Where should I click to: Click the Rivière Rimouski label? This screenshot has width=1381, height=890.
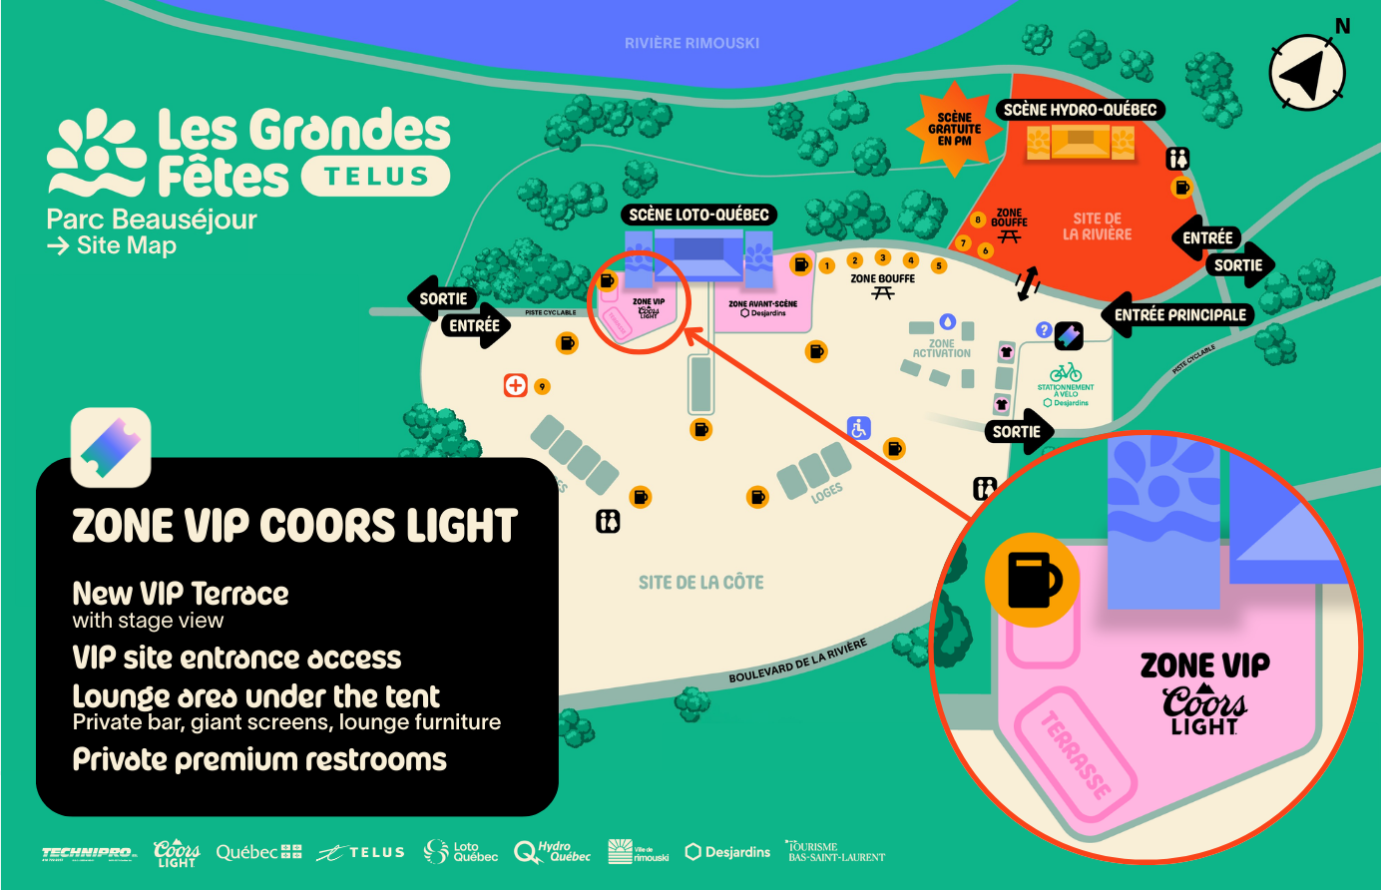[691, 43]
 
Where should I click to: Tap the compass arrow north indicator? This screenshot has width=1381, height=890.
[1307, 73]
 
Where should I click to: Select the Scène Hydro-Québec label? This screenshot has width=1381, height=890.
[1080, 110]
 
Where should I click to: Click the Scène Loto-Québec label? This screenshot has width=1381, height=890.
[698, 215]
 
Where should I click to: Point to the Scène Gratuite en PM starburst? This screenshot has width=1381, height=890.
[954, 129]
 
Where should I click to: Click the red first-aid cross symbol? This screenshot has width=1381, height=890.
[515, 385]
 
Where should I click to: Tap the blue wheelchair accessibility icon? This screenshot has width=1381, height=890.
[859, 428]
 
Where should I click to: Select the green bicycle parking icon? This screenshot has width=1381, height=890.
[1065, 372]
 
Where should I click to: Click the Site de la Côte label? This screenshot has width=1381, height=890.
[700, 582]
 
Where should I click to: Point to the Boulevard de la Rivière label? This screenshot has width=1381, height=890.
[797, 661]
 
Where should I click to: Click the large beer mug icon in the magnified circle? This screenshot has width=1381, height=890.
[1032, 580]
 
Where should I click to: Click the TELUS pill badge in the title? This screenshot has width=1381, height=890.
[375, 177]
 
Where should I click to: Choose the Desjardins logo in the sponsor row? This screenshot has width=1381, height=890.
[727, 852]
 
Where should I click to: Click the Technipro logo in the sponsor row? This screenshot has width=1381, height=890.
[89, 853]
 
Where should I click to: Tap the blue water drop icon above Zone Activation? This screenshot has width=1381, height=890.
[947, 321]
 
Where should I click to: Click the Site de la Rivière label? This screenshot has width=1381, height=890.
[1097, 225]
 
